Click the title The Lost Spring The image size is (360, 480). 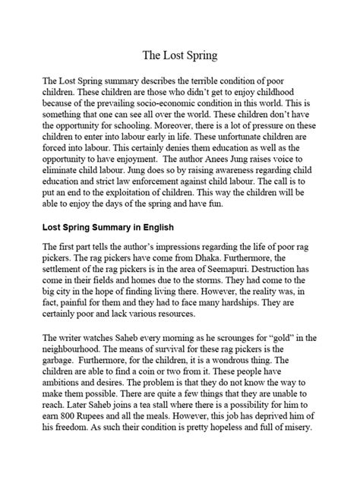(180, 55)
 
